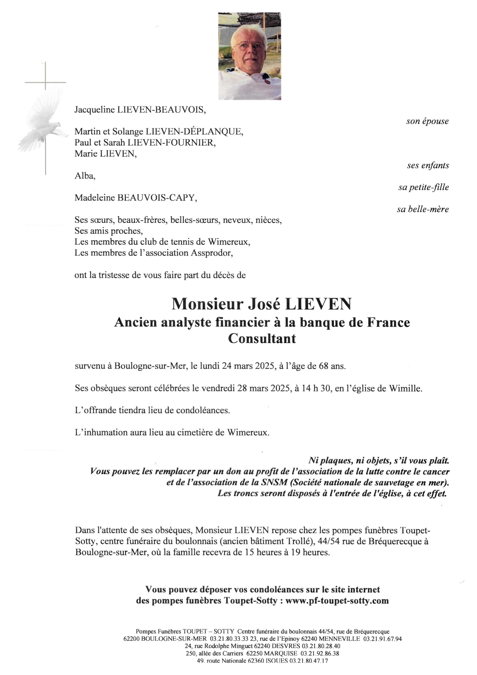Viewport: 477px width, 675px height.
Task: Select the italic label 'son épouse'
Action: [x=427, y=121]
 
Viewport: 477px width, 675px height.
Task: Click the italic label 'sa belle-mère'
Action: [x=423, y=209]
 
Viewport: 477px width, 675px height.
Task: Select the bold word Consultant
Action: [x=262, y=338]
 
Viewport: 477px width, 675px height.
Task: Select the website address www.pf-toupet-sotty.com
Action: [x=337, y=601]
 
